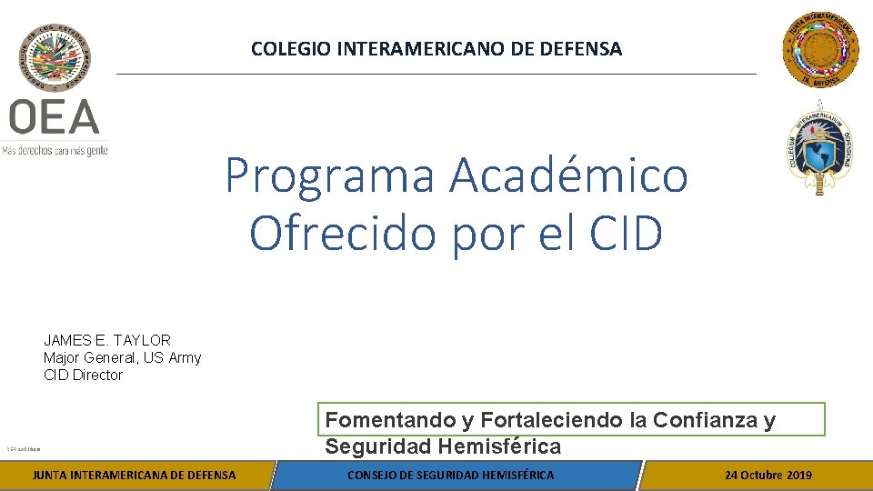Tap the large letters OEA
coord(55,118)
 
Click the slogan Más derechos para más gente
coord(55,150)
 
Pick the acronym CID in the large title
coord(626,233)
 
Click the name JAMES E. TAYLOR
coord(107,340)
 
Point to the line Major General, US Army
coord(122,357)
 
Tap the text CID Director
coord(83,375)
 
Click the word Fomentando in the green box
coord(390,420)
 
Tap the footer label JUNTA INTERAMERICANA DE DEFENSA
coord(134,475)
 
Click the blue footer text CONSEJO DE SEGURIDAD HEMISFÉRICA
coord(451,475)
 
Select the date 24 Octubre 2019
coord(768,475)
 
